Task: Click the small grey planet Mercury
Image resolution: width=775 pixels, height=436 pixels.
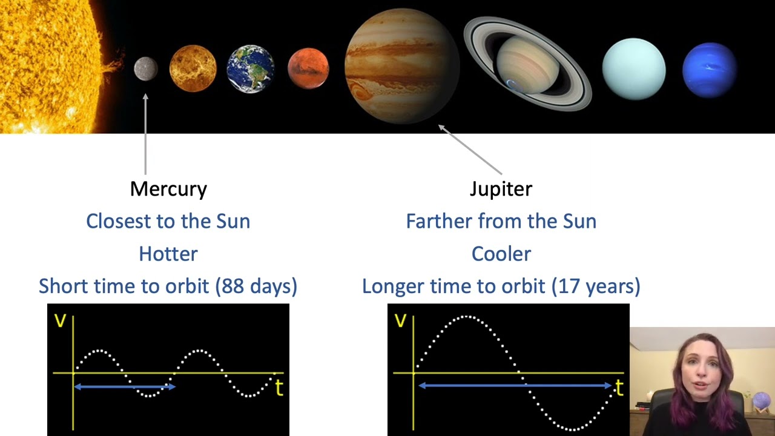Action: pyautogui.click(x=146, y=69)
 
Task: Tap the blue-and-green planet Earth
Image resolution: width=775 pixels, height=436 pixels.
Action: pyautogui.click(x=251, y=69)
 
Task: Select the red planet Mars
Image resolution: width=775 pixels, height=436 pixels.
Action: pyautogui.click(x=308, y=68)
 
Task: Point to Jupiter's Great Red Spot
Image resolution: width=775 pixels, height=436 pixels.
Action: pyautogui.click(x=360, y=91)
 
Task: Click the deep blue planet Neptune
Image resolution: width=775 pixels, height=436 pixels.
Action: pyautogui.click(x=710, y=70)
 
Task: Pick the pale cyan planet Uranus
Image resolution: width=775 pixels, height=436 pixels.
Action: pyautogui.click(x=634, y=69)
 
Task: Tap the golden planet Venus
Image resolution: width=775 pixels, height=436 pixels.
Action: pyautogui.click(x=193, y=68)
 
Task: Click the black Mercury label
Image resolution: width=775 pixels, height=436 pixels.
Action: pyautogui.click(x=168, y=190)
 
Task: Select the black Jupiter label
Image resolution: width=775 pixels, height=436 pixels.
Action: pyautogui.click(x=501, y=190)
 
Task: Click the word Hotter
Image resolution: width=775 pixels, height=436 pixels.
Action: pyautogui.click(x=168, y=254)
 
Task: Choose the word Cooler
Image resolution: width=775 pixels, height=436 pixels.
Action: pyautogui.click(x=501, y=254)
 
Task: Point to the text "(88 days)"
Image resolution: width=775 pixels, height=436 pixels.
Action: pyautogui.click(x=256, y=286)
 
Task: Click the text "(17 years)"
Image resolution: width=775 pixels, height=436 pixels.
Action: pyautogui.click(x=596, y=286)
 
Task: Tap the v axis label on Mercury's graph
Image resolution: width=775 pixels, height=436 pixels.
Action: pyautogui.click(x=60, y=321)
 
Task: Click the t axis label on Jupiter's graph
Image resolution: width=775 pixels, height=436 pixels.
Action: pyautogui.click(x=619, y=388)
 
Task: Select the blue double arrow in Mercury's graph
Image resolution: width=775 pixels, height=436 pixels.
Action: pyautogui.click(x=125, y=386)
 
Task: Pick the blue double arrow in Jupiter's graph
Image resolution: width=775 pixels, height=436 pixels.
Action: pyautogui.click(x=515, y=386)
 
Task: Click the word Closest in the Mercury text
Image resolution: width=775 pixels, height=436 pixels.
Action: pyautogui.click(x=119, y=222)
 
